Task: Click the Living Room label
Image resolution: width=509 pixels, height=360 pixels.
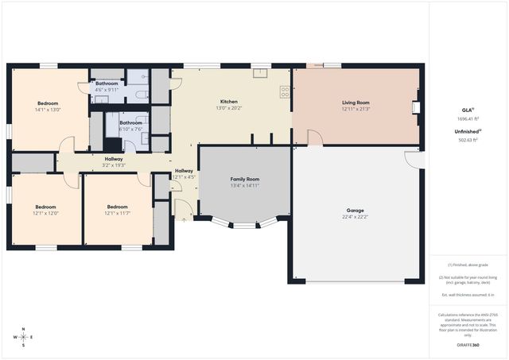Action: [356, 103]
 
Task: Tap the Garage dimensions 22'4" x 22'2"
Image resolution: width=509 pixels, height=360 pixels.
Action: [356, 216]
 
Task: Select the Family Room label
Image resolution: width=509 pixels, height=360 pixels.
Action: [244, 180]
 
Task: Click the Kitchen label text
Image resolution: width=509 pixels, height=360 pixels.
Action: [229, 102]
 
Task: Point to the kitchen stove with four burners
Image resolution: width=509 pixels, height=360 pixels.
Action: [284, 91]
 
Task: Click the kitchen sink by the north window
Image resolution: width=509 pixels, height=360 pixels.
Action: [260, 74]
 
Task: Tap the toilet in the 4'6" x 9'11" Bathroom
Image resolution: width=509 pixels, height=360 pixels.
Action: [140, 95]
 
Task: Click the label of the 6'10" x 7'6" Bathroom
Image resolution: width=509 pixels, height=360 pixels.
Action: [131, 123]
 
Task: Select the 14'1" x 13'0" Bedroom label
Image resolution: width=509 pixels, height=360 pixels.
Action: [49, 103]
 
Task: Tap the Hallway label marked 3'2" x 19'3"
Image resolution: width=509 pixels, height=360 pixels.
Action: [114, 159]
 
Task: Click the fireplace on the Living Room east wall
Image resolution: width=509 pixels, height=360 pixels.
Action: [414, 107]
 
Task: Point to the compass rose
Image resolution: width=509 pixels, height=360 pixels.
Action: [24, 337]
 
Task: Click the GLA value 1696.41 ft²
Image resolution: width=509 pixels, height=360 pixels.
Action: [468, 118]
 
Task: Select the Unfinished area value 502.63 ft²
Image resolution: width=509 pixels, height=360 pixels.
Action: [468, 139]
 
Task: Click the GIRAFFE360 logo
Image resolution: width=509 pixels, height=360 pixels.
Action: [468, 346]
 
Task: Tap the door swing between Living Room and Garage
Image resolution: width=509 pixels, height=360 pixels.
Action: [315, 138]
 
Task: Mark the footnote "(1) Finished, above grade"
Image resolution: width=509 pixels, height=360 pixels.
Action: [468, 265]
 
